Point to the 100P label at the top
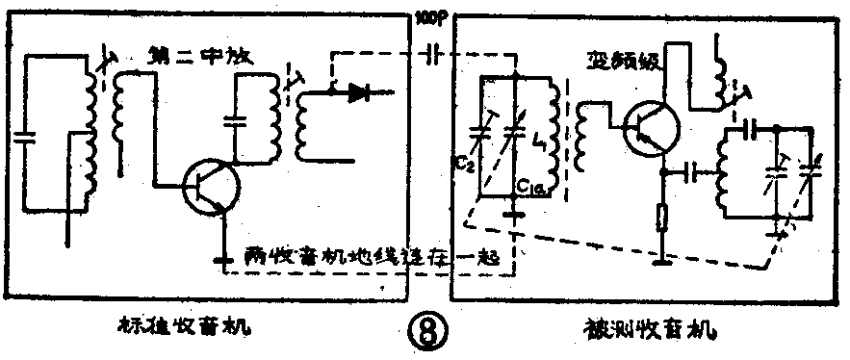(424, 17)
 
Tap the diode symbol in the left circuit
(361, 93)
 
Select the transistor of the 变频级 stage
(651, 129)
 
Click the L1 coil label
(538, 150)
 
